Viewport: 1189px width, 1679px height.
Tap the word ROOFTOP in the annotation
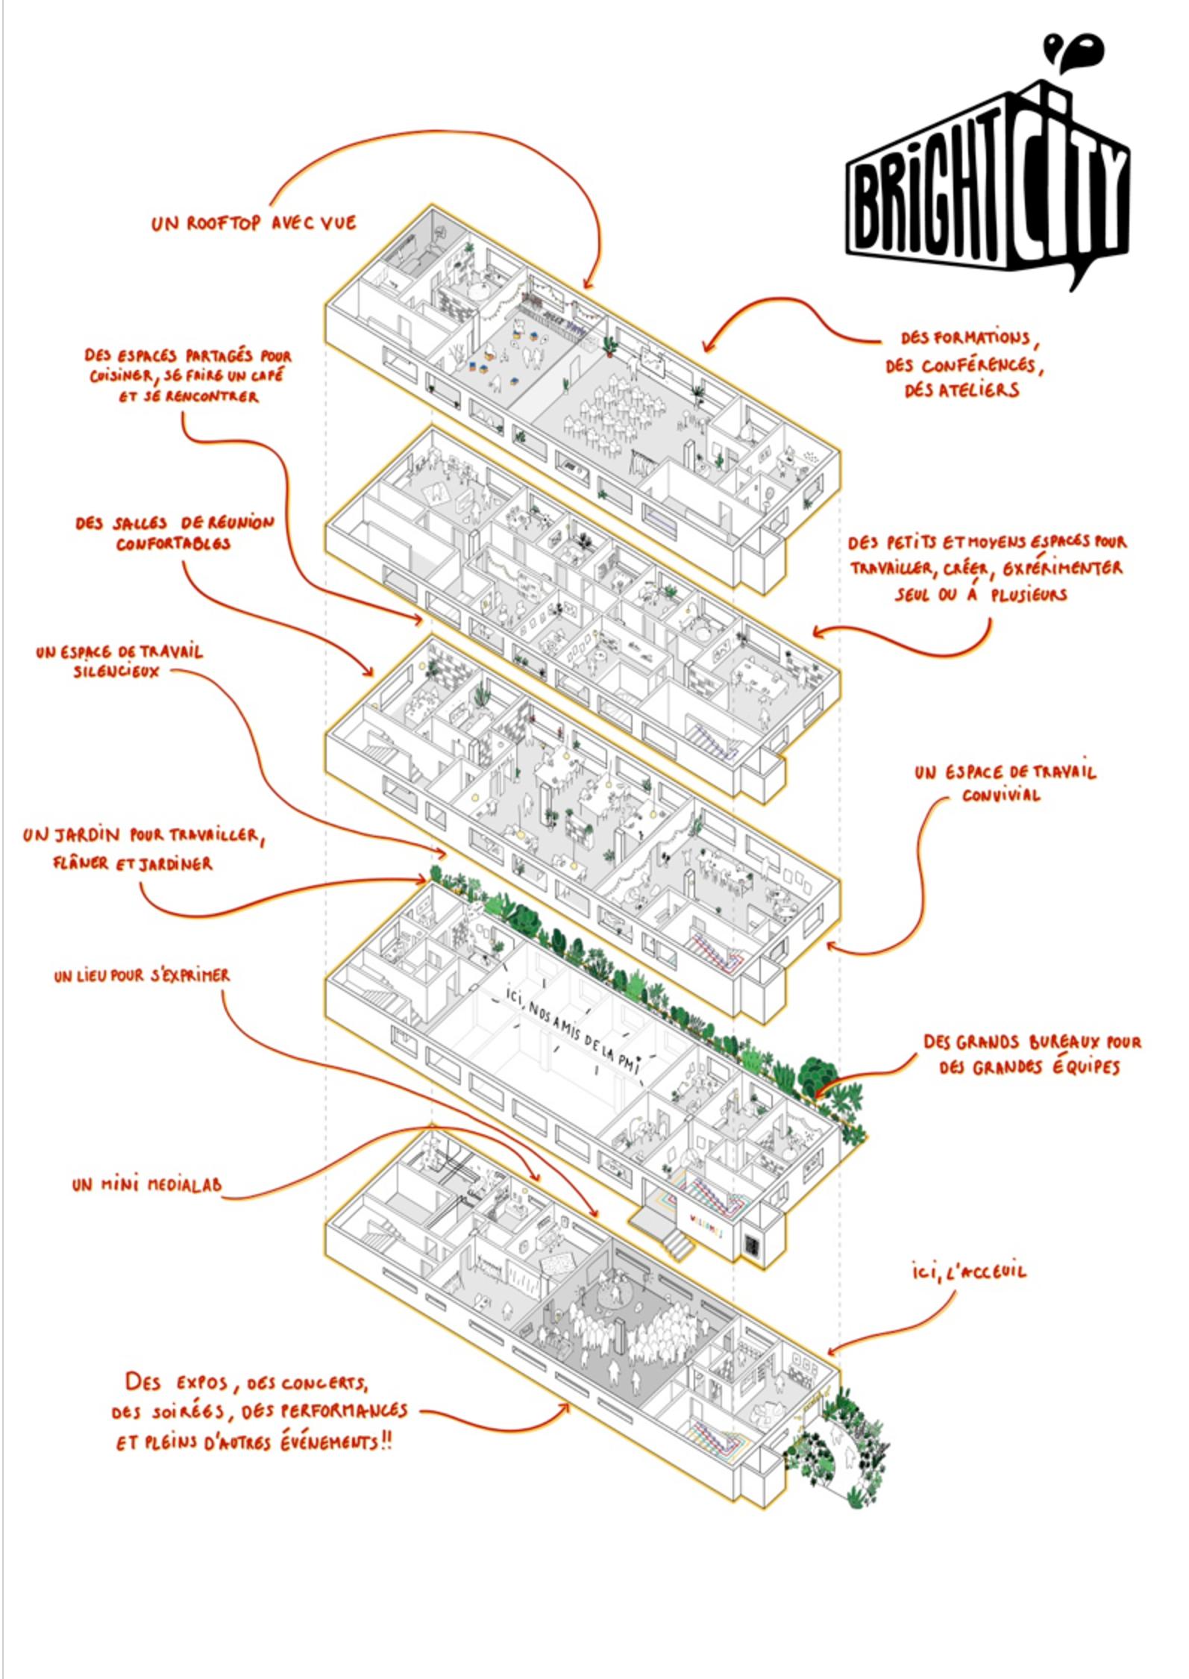(223, 223)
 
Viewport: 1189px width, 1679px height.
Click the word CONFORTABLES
(173, 544)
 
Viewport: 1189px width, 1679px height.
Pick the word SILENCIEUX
(116, 672)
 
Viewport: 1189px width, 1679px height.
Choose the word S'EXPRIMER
(190, 975)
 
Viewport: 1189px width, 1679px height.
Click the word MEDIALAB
(183, 1184)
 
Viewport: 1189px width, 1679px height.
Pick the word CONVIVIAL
(1001, 795)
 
